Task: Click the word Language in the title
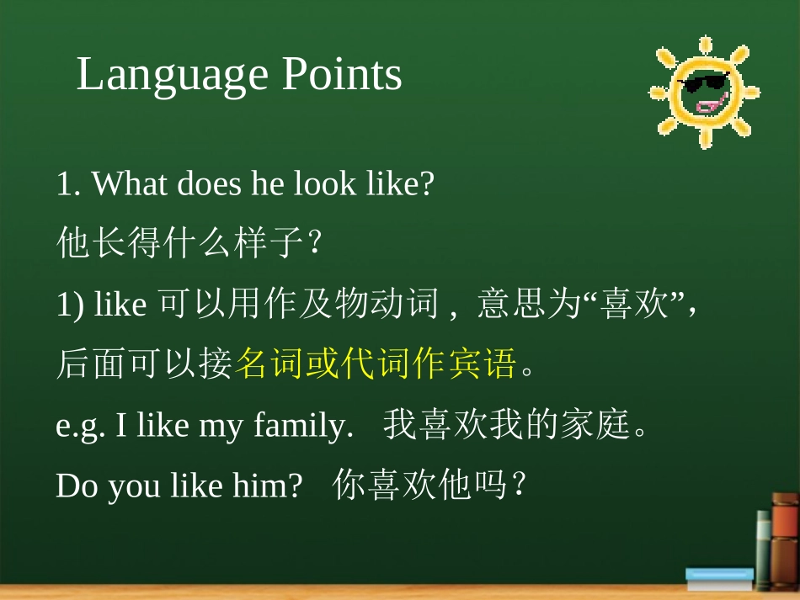click(172, 76)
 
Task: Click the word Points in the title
click(342, 74)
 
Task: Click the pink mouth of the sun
click(712, 104)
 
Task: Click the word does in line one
click(209, 183)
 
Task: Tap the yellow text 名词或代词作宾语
click(376, 363)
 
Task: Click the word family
click(303, 426)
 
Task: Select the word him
click(267, 485)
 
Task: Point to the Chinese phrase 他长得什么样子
click(180, 242)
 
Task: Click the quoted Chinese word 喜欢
click(633, 303)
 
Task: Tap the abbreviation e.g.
click(80, 427)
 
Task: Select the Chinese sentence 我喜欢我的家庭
click(507, 424)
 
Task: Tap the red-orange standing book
click(785, 540)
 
